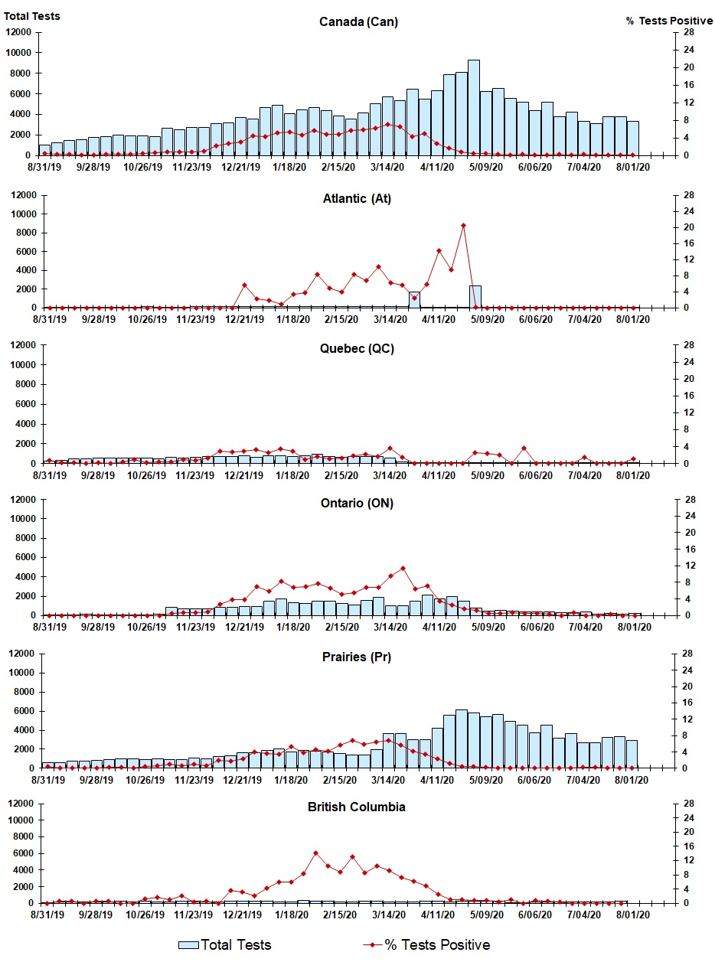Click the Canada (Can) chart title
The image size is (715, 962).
tap(358, 21)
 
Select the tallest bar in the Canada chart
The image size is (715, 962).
tap(473, 107)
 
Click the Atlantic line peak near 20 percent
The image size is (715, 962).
tap(463, 226)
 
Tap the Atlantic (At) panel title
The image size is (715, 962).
tap(357, 199)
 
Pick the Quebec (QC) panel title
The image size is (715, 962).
tap(357, 349)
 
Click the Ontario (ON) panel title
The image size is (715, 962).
tap(357, 503)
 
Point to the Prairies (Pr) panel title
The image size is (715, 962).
tap(357, 657)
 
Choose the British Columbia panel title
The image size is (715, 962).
tap(356, 807)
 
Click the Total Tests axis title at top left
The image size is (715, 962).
tap(31, 16)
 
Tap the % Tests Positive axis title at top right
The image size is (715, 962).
tap(669, 21)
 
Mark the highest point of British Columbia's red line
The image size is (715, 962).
tap(315, 853)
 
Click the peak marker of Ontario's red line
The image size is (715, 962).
tap(403, 568)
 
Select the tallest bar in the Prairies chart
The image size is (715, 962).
tap(462, 739)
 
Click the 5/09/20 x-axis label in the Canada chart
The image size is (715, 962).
tap(486, 168)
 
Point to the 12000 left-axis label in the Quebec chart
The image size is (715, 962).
tap(24, 345)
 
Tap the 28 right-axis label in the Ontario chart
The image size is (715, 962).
tap(690, 500)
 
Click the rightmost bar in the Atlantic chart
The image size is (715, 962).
tap(475, 297)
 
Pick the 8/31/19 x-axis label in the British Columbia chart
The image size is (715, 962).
tap(47, 915)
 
